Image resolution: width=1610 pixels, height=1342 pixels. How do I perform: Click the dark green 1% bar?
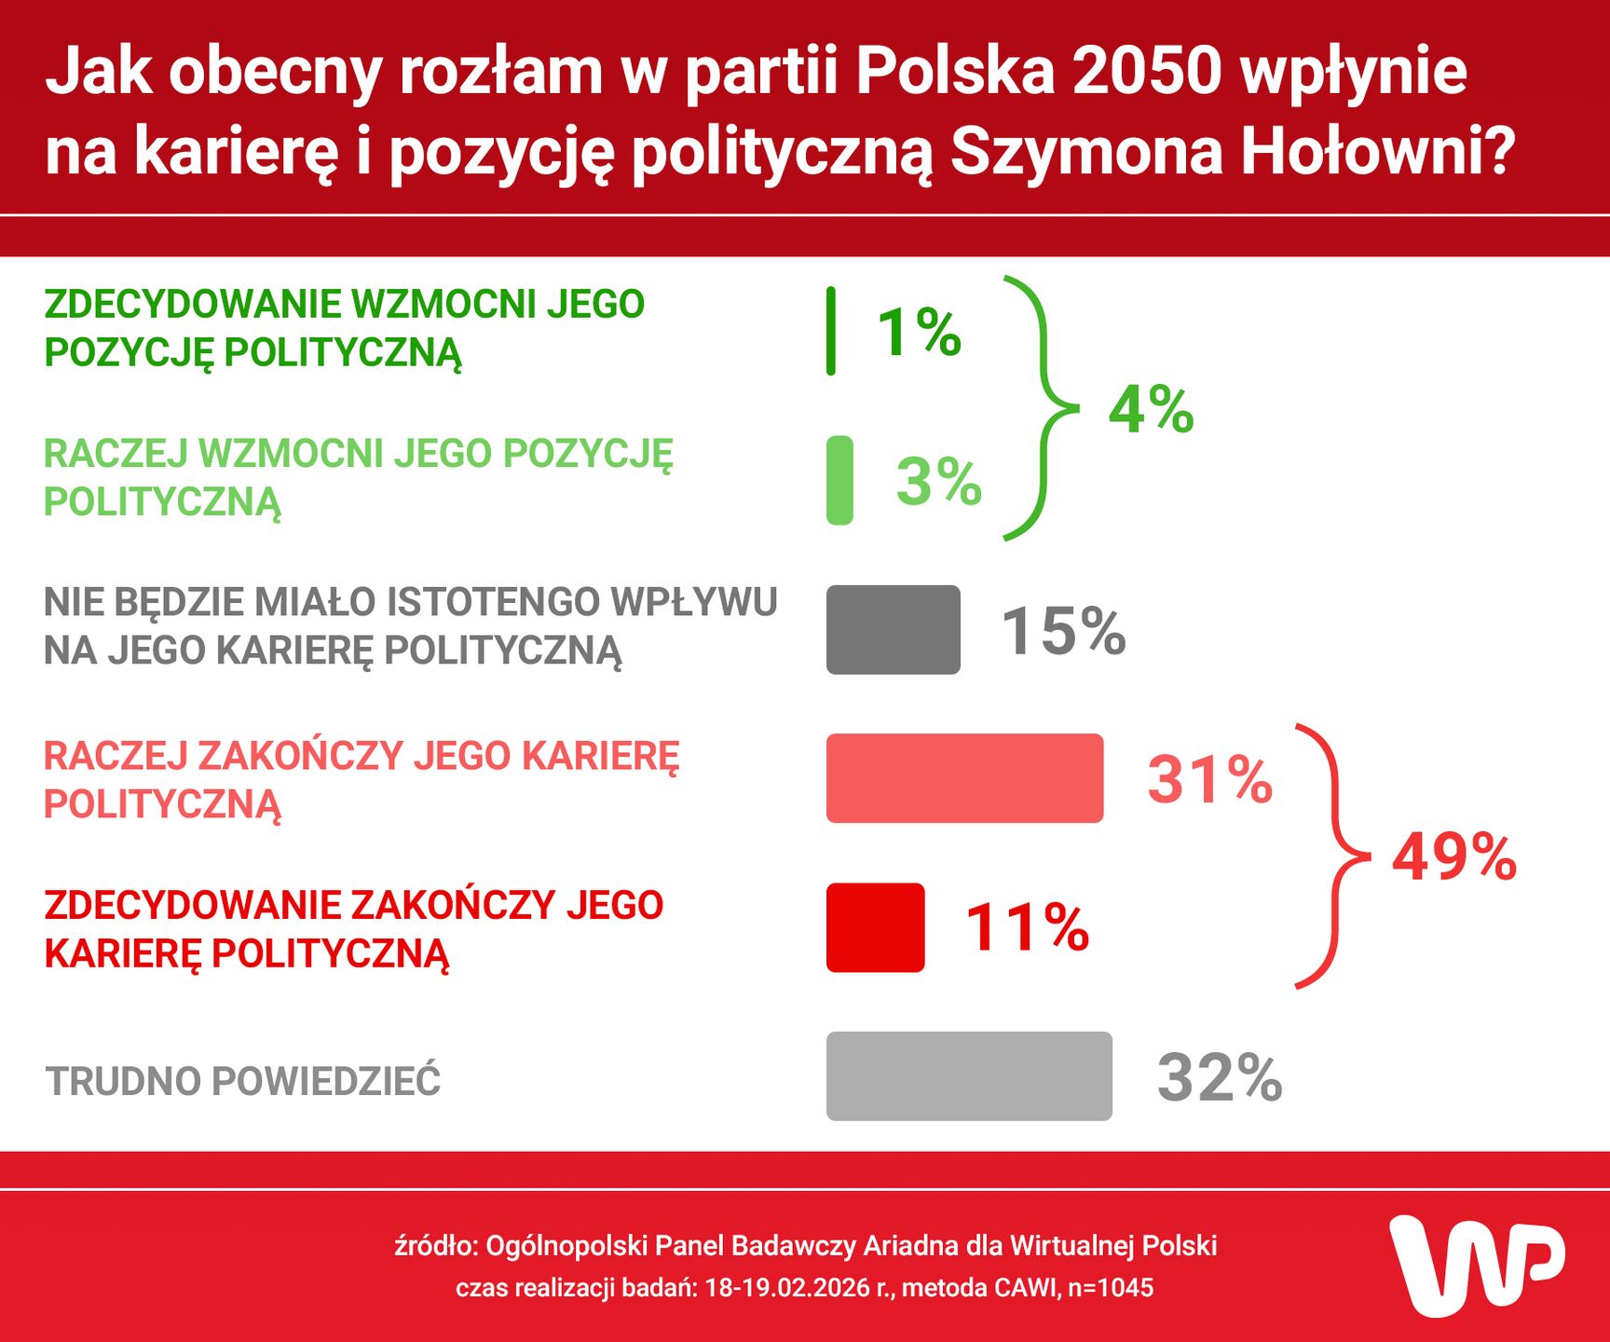pos(831,332)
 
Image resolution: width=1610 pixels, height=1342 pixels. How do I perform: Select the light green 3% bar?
pos(839,481)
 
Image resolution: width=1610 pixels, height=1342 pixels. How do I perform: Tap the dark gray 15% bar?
pos(893,630)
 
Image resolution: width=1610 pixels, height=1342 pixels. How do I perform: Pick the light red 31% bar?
pos(964,778)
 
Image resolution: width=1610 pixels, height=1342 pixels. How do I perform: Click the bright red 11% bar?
pos(875,927)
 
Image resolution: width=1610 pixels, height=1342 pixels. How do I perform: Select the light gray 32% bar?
pos(969,1076)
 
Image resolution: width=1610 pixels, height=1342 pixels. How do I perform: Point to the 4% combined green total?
pos(1151,409)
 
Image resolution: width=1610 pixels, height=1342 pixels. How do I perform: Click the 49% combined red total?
pos(1453,856)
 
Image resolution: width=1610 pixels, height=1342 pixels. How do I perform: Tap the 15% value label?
pos(1063,631)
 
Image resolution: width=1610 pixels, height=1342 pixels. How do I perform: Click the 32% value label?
pos(1220,1077)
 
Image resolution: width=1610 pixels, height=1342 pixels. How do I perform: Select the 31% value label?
pos(1209,779)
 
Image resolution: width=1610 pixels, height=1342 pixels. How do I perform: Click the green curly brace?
pos(1044,408)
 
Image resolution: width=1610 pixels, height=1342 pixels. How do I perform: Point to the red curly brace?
pos(1334,856)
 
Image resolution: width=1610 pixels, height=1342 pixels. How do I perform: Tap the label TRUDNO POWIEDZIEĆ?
pos(243,1081)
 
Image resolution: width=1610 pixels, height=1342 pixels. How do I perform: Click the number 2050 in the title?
pos(1146,71)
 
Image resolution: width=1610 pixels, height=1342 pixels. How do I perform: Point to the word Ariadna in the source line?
pos(909,1246)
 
